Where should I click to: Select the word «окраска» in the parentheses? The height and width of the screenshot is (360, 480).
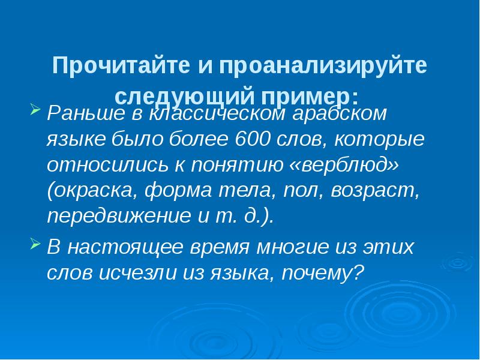[93, 191]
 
